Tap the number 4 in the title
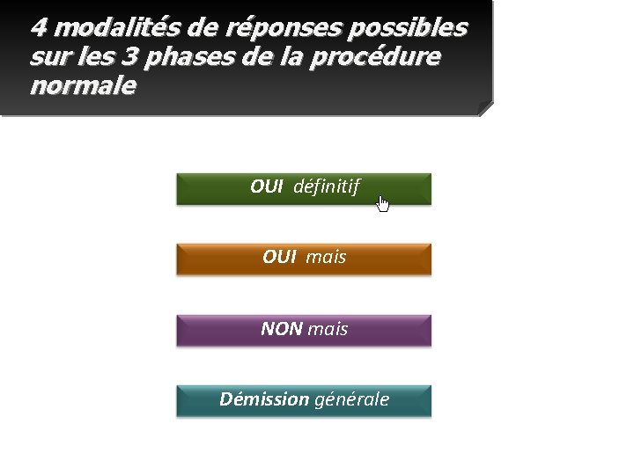(38, 27)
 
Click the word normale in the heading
(83, 86)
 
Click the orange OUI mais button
(304, 259)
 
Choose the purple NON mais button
(304, 330)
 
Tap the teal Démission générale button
(304, 400)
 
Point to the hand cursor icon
(382, 204)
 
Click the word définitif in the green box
(326, 186)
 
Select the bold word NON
(281, 329)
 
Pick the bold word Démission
(263, 399)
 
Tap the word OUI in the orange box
(279, 258)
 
